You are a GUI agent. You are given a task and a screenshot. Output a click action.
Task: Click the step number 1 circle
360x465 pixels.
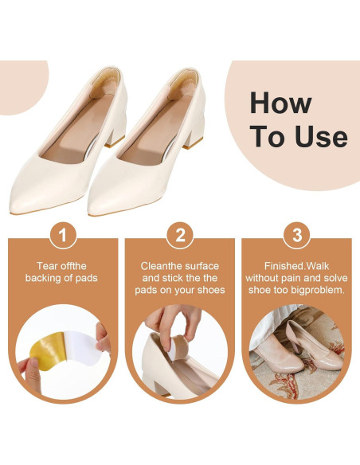click(x=63, y=236)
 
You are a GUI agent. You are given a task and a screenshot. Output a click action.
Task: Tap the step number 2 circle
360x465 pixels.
click(x=180, y=236)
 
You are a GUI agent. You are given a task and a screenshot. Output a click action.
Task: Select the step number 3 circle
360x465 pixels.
click(x=297, y=236)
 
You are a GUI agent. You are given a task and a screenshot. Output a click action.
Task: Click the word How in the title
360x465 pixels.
click(x=281, y=103)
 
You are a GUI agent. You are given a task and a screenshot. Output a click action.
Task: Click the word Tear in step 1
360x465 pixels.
click(x=45, y=266)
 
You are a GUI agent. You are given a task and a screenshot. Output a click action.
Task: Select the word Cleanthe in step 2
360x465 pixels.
click(x=159, y=266)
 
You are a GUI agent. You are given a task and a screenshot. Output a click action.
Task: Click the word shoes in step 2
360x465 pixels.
click(x=211, y=290)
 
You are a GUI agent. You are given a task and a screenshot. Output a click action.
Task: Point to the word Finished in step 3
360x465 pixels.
click(x=284, y=266)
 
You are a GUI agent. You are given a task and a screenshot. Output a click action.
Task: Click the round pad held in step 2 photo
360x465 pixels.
click(x=178, y=347)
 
